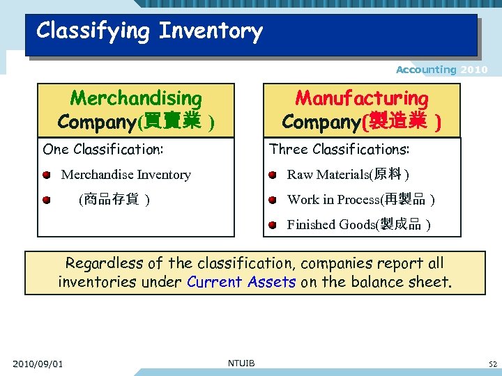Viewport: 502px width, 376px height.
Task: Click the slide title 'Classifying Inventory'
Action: (x=149, y=31)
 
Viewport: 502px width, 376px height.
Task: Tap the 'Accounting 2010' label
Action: (x=441, y=70)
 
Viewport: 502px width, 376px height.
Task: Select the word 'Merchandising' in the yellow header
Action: (x=136, y=99)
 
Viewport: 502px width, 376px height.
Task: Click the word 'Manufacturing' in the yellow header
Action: (x=361, y=99)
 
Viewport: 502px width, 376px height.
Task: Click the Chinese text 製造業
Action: (x=397, y=122)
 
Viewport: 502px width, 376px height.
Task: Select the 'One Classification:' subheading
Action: (x=103, y=149)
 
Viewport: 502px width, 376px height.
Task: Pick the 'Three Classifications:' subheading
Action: (x=340, y=149)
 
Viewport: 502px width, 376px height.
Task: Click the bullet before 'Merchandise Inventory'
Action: (x=46, y=175)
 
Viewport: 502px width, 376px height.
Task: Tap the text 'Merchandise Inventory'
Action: (x=126, y=175)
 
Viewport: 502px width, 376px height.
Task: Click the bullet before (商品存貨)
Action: (x=46, y=200)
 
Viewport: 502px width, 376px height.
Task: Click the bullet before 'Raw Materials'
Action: (x=273, y=175)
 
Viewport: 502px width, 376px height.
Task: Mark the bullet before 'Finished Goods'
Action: (x=273, y=224)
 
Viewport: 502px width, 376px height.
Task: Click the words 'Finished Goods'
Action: (x=330, y=224)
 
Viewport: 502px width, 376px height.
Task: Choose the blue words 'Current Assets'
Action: (x=242, y=282)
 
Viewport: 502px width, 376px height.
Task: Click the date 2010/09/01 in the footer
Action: (x=38, y=363)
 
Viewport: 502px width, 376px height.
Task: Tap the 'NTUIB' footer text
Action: (x=241, y=363)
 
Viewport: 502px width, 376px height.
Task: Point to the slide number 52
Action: (x=492, y=364)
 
